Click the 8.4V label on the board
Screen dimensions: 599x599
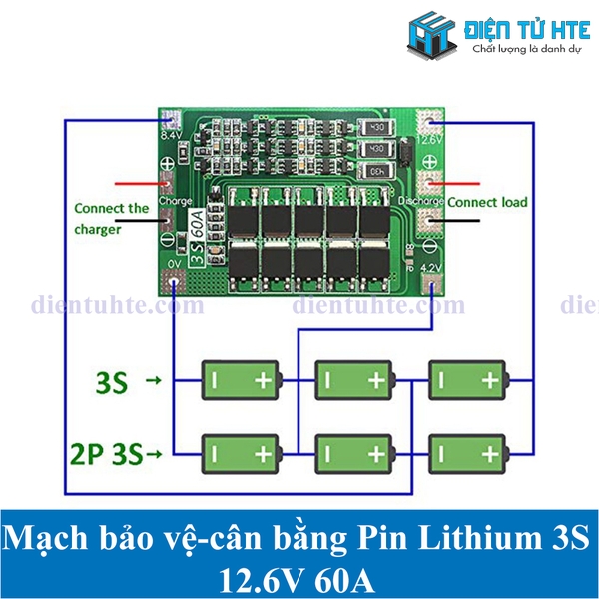[x=171, y=134]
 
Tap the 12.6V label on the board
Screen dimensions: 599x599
[x=431, y=140]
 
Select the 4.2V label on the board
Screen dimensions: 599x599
[x=430, y=267]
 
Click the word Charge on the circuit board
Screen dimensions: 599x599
[x=175, y=201]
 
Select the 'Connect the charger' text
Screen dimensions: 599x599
[x=111, y=219]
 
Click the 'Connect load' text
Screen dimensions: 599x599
[x=487, y=203]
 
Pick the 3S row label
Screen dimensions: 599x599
[x=111, y=381]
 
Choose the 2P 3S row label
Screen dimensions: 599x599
[x=111, y=455]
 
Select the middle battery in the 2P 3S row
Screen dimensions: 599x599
[x=354, y=455]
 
